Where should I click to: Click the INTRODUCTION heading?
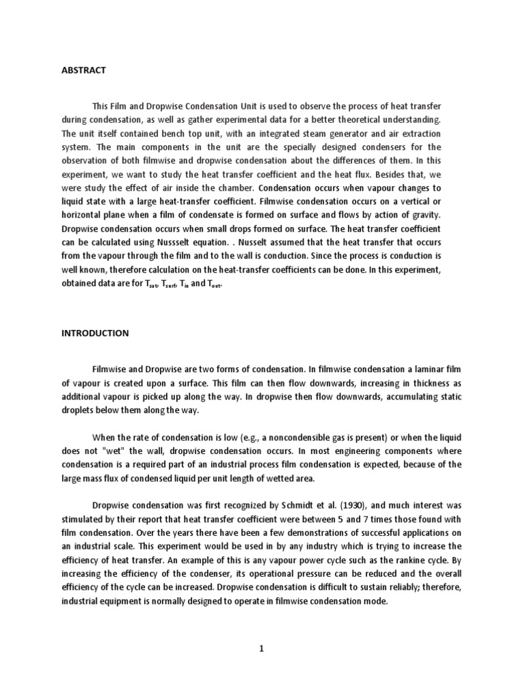pos(95,333)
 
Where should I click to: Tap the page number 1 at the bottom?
pos(261,650)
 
